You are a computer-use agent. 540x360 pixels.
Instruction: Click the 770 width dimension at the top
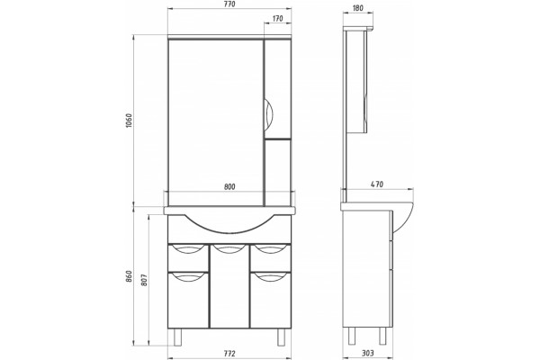click(x=229, y=4)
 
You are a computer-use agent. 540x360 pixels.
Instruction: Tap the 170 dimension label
click(x=277, y=18)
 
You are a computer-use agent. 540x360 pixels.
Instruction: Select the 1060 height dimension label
click(x=129, y=121)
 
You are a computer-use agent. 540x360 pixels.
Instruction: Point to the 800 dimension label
click(x=229, y=186)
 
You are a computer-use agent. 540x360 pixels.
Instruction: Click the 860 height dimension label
click(x=129, y=276)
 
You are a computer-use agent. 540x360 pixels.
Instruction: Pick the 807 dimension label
click(x=144, y=280)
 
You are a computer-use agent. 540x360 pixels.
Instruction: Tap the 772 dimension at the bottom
click(x=229, y=354)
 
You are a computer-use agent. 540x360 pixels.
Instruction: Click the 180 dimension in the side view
click(x=358, y=8)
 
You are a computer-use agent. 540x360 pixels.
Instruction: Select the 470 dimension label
click(x=377, y=184)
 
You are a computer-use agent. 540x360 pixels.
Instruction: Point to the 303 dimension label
click(x=368, y=353)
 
